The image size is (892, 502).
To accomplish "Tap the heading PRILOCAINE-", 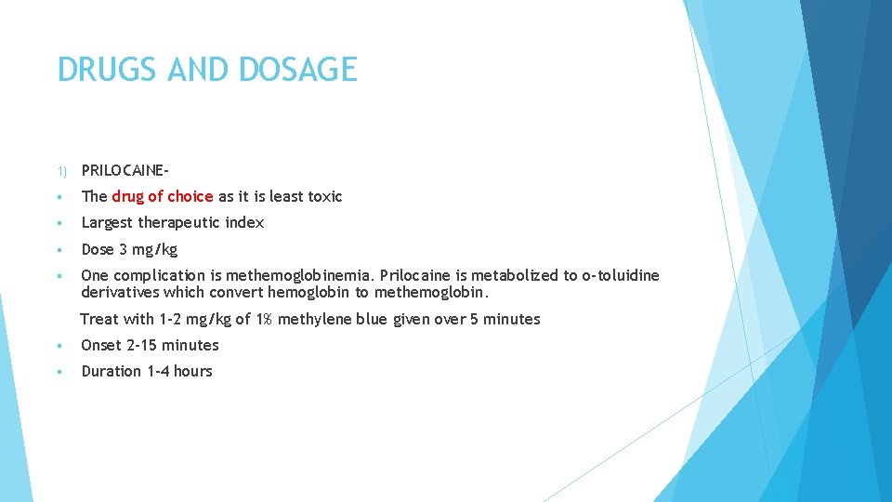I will point(125,170).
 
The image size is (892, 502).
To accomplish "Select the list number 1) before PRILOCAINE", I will point(61,171).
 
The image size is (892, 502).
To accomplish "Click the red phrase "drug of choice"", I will point(163,196).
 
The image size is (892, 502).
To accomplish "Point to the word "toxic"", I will point(323,196).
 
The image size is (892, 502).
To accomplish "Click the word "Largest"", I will point(108,222).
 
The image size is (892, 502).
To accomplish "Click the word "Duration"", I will point(111,371).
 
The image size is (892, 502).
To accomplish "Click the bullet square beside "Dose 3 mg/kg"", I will point(59,250).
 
